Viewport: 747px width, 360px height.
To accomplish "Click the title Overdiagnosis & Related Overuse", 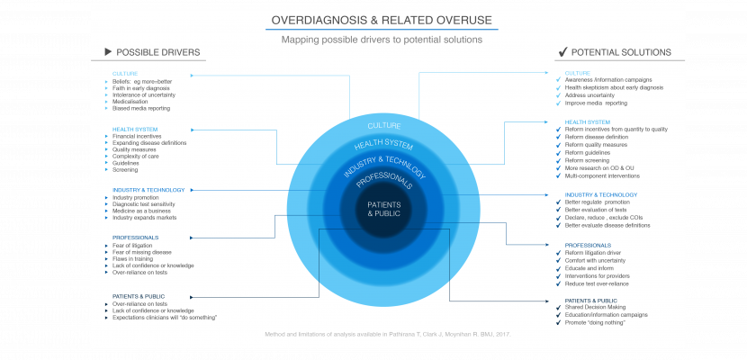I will (x=382, y=20).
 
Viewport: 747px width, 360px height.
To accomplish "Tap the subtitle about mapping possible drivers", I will (x=382, y=40).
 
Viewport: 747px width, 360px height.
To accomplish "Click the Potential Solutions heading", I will (x=622, y=52).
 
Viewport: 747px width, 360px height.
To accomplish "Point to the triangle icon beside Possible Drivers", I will (x=109, y=52).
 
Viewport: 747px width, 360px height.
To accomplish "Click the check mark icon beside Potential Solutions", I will (x=562, y=52).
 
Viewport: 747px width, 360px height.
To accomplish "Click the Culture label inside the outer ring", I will (x=384, y=125).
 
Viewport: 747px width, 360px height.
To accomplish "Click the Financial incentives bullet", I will (x=139, y=137).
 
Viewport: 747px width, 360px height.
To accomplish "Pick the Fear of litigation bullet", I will (x=132, y=246).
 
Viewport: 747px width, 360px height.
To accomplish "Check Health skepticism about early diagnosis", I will (x=614, y=88).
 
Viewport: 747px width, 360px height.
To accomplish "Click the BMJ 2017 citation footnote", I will (x=386, y=334).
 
